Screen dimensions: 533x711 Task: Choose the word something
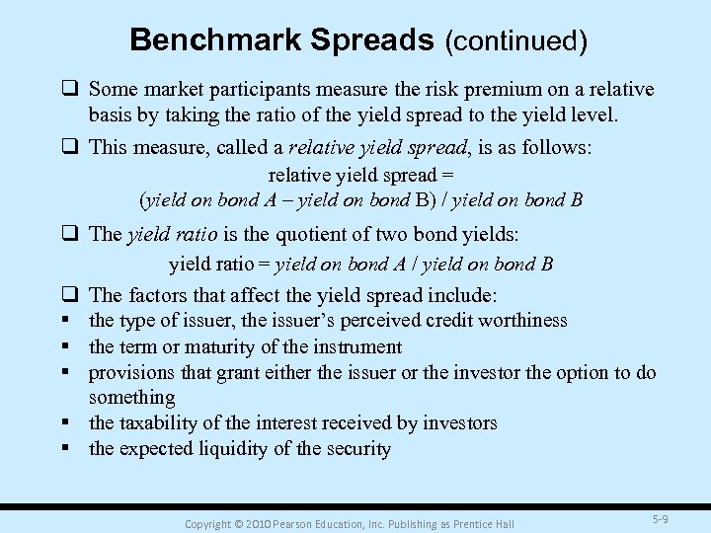click(132, 397)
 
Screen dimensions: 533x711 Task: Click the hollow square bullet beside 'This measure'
click(71, 148)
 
